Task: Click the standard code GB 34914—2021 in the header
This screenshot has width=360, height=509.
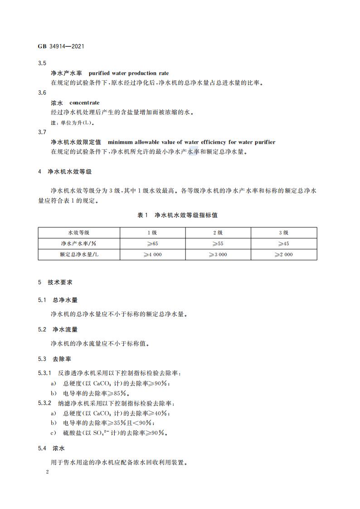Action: tap(61, 46)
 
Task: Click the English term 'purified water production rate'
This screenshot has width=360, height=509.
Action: tap(129, 73)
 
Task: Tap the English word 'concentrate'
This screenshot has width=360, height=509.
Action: tap(84, 103)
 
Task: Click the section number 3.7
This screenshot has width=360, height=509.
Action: tap(42, 132)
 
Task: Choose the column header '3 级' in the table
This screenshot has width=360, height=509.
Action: tap(283, 232)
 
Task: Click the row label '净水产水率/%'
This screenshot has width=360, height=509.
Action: tap(78, 243)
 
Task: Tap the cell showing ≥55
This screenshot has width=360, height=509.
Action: tap(218, 243)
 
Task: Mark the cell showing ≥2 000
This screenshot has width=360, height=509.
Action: tap(283, 254)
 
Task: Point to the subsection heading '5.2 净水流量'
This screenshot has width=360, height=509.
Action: tap(58, 330)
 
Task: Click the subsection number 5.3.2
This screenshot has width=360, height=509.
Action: tap(45, 403)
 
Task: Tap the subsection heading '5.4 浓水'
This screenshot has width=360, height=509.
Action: tap(52, 448)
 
